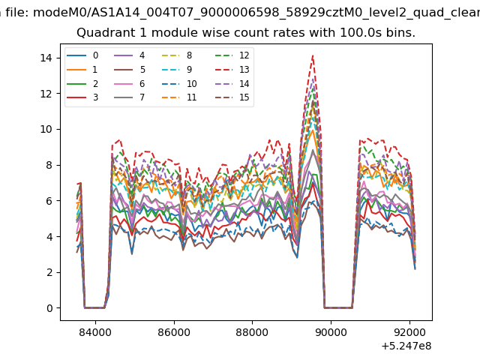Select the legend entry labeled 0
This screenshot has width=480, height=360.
point(82,55)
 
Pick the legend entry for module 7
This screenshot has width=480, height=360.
point(130,97)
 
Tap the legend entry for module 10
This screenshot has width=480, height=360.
point(179,83)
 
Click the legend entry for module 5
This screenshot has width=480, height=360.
point(130,70)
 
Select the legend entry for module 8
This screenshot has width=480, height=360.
point(177,55)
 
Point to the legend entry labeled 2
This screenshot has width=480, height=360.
point(82,83)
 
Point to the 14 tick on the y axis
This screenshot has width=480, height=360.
point(46,58)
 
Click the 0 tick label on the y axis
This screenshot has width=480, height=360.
point(50,308)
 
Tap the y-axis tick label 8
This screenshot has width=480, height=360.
point(50,165)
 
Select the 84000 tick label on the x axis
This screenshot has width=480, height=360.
point(95,332)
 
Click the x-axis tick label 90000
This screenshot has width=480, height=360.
point(331,332)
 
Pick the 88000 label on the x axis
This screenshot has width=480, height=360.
point(252,332)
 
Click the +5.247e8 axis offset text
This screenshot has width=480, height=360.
point(406,346)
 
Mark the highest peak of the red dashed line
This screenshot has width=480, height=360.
point(313,55)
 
